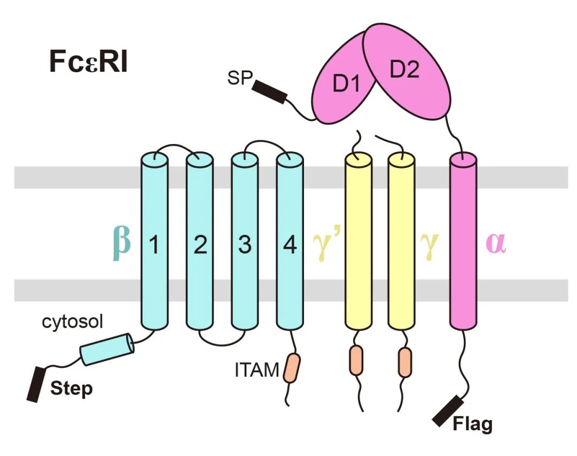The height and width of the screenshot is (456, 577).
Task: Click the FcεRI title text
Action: [x=89, y=63]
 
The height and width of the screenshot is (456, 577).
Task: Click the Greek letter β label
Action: [x=122, y=242]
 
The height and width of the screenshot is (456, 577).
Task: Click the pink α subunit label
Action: [x=495, y=244]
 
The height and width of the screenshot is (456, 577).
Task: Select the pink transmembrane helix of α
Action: [x=463, y=241]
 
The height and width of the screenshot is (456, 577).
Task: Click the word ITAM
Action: [x=256, y=369]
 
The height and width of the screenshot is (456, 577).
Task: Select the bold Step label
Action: [x=71, y=388]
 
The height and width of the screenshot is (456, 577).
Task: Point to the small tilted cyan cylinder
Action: [x=107, y=349]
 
